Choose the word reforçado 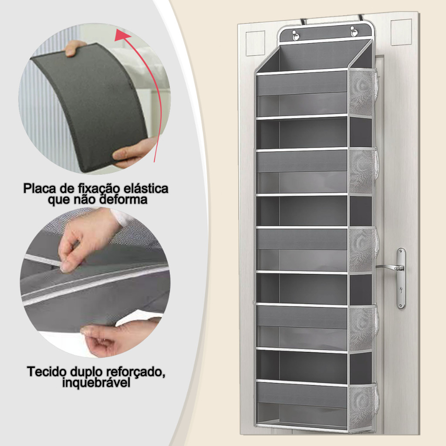coord(136,372)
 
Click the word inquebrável coord(96,382)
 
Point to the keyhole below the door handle coord(401,290)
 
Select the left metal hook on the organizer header coord(296,35)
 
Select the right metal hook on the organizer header coord(354,31)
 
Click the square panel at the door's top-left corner coord(255,43)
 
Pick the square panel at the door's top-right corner coord(401,32)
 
